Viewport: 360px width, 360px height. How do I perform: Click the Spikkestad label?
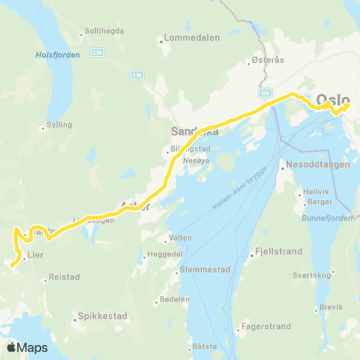click(102, 316)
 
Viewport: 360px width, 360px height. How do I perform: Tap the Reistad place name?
click(64, 277)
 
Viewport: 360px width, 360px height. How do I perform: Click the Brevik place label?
click(331, 307)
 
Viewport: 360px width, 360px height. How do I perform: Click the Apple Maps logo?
click(26, 347)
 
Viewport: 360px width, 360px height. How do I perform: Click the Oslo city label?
click(333, 99)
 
